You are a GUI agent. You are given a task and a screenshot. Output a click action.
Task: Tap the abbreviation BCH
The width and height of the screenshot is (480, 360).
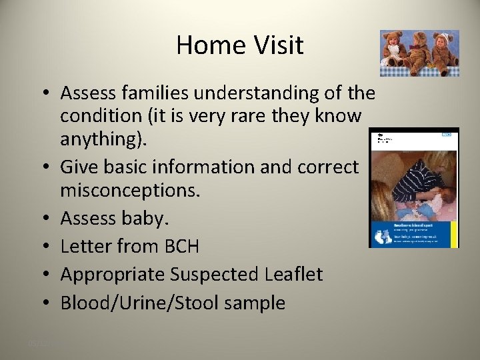click(x=177, y=246)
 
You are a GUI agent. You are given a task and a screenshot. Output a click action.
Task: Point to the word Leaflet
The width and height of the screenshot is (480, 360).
click(x=295, y=274)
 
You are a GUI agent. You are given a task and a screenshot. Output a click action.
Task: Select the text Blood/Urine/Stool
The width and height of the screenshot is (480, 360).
click(x=140, y=303)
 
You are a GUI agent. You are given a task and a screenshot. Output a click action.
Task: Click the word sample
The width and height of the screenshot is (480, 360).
click(x=255, y=303)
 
